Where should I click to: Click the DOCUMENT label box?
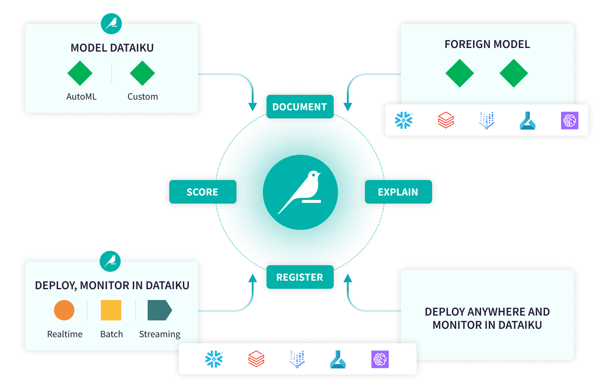click(300, 107)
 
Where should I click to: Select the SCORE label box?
click(202, 192)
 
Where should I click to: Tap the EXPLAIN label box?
click(398, 192)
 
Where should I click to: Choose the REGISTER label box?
click(300, 277)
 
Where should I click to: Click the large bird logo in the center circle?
click(301, 192)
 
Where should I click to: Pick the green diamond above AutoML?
click(80, 73)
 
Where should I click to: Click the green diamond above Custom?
click(142, 73)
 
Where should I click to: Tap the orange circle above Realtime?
click(64, 310)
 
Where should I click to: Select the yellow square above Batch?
click(111, 310)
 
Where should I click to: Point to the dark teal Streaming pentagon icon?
click(159, 310)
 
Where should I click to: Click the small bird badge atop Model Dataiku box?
click(111, 24)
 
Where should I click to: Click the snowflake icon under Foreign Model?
click(403, 120)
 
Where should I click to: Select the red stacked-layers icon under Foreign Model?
click(446, 120)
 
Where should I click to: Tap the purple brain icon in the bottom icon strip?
click(380, 359)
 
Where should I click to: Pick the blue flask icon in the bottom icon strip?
click(338, 359)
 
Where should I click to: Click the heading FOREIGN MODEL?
click(487, 44)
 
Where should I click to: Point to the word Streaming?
click(160, 334)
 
